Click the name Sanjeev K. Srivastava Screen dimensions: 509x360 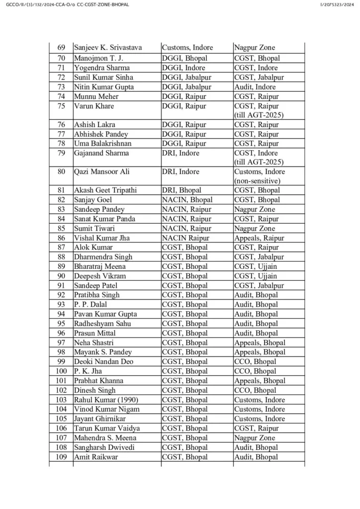(x=108, y=48)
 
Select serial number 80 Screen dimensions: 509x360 (x=61, y=171)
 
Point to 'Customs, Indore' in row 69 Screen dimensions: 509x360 (x=187, y=48)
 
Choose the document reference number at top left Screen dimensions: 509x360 (x=66, y=4)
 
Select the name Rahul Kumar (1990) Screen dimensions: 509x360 (x=106, y=400)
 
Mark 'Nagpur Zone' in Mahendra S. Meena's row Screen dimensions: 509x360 (x=255, y=438)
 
